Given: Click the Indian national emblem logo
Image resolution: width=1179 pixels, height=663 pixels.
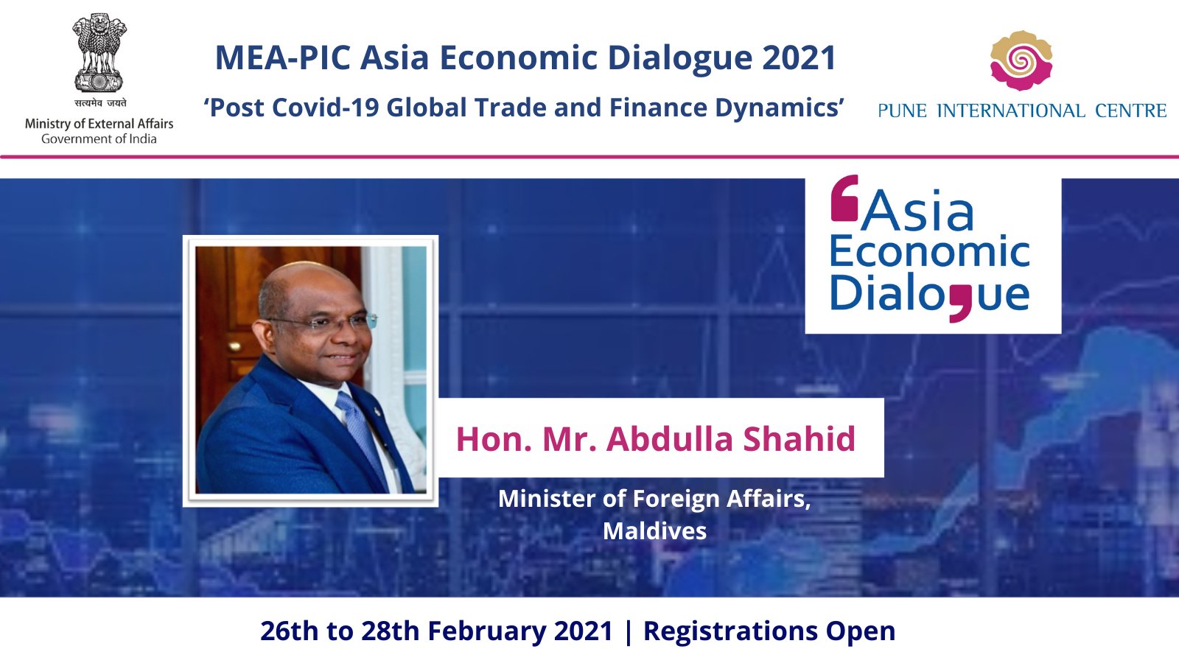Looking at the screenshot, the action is [x=99, y=52].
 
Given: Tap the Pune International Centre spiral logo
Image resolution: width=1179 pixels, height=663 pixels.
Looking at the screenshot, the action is [x=1021, y=60].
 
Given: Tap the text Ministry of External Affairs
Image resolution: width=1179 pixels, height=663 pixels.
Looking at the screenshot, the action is [x=99, y=124].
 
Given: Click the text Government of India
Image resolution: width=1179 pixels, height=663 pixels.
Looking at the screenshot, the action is [x=99, y=139].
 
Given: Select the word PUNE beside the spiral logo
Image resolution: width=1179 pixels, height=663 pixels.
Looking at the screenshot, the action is [x=902, y=111].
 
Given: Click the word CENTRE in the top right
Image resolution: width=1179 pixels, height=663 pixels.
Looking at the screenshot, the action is [x=1130, y=111].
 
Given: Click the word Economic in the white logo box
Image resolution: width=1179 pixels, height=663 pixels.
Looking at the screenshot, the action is [x=930, y=251].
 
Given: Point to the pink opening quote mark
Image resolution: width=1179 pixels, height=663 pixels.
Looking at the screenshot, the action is [x=844, y=198].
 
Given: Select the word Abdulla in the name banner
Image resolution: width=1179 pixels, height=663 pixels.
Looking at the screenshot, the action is [x=670, y=439].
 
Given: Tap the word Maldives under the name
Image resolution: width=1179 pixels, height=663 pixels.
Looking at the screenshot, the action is [x=654, y=531].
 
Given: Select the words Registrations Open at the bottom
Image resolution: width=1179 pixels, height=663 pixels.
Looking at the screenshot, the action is [x=769, y=631].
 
